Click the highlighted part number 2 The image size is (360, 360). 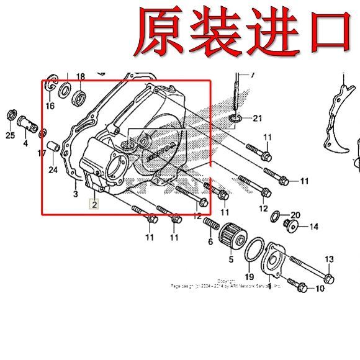tap(94, 204)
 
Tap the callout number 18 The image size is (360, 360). tap(80, 77)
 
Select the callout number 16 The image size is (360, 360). tap(50, 106)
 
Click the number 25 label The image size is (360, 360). tap(11, 135)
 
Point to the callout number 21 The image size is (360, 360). tap(258, 118)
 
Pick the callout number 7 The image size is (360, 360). tap(252, 74)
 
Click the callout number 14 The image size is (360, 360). tap(313, 227)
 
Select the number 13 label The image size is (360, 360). tap(329, 259)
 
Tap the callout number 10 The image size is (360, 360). tap(320, 289)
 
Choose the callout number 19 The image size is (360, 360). tap(249, 276)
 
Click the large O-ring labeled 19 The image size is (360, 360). tap(252, 254)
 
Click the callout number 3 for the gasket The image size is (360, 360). tap(75, 194)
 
